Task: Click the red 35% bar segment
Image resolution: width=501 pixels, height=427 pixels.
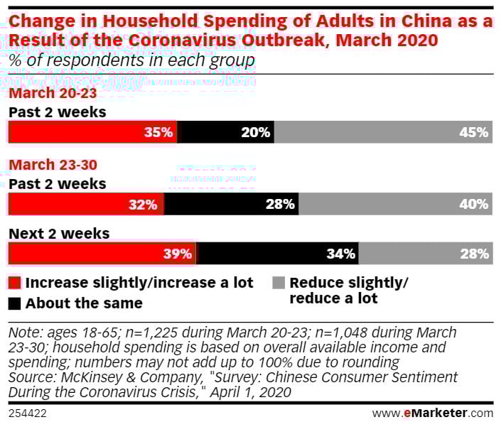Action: tap(92, 132)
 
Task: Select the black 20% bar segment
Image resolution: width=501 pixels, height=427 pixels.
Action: tap(226, 132)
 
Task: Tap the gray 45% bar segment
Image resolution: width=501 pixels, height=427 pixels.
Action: tap(383, 132)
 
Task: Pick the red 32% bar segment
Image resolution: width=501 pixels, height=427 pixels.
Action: tap(85, 205)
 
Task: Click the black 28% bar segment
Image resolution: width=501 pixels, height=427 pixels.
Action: tap(232, 205)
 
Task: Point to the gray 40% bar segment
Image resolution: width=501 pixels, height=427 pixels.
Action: tap(395, 205)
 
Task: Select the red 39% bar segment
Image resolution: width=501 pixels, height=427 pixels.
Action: tap(102, 254)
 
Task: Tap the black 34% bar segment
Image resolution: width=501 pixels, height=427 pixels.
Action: tap(277, 254)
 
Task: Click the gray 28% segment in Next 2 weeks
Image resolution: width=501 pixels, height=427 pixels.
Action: tap(425, 254)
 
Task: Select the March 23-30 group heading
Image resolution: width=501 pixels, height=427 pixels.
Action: tap(52, 165)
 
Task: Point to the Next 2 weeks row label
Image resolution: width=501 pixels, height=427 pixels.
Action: tap(58, 233)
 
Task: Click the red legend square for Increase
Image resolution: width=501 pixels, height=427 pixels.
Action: tap(14, 283)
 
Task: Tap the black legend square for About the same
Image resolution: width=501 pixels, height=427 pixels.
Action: tap(14, 304)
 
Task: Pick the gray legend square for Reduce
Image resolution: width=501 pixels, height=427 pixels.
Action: tap(278, 283)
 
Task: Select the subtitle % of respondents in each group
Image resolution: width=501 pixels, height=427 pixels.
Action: tap(131, 60)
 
